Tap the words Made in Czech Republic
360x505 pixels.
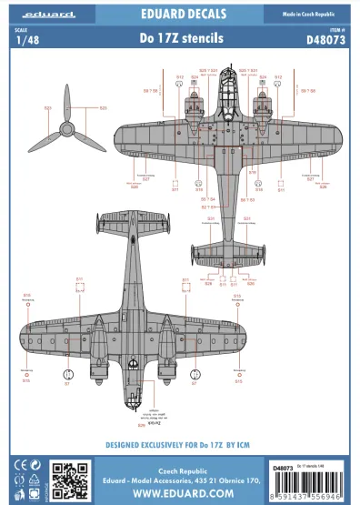pyautogui.click(x=314, y=10)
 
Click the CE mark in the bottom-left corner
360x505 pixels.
pyautogui.click(x=13, y=467)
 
